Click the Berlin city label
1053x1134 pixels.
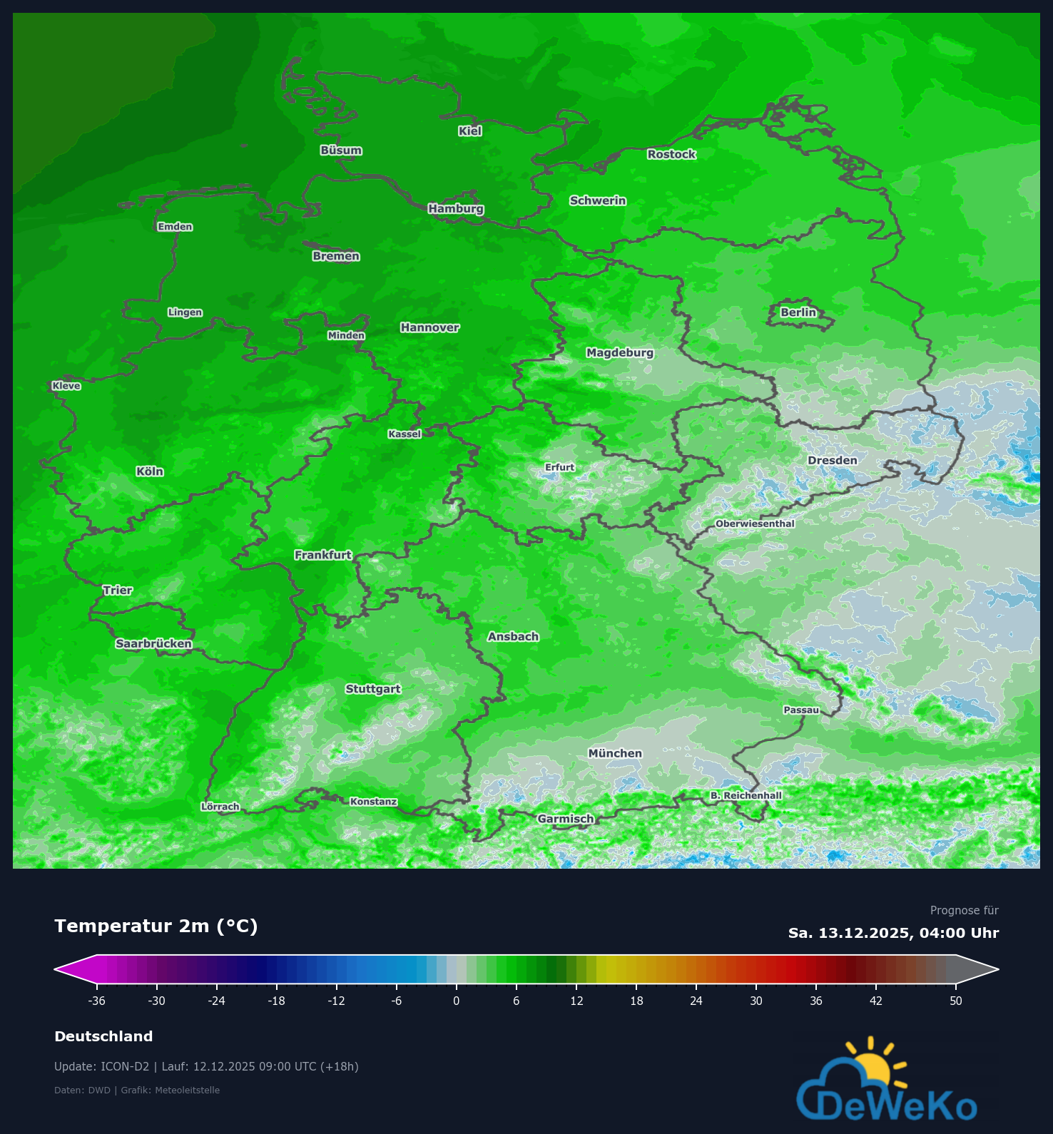[798, 312]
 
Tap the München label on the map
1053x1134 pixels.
[615, 753]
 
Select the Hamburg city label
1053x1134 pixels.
[456, 208]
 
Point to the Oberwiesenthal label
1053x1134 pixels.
[755, 523]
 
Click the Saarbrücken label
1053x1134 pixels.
[153, 643]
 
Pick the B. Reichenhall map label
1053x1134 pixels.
[746, 795]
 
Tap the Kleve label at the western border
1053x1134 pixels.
[66, 386]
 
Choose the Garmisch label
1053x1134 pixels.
[566, 819]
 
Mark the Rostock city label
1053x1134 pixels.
[671, 154]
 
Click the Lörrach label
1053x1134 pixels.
[220, 807]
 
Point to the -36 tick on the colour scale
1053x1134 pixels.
[96, 1001]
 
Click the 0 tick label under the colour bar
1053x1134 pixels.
[457, 1001]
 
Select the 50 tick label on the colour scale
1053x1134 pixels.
[956, 1001]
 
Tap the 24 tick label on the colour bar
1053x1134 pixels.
[696, 1001]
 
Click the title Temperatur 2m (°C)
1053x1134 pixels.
[156, 926]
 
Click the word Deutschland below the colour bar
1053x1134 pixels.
[103, 1036]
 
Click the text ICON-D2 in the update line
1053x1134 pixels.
[125, 1067]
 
